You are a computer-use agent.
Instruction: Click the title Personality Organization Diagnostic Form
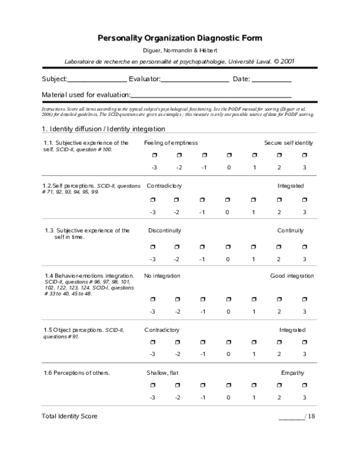click(x=180, y=38)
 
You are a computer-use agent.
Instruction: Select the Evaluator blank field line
click(x=195, y=80)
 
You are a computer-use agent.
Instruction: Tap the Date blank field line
click(x=271, y=80)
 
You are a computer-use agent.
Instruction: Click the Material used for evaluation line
click(x=211, y=95)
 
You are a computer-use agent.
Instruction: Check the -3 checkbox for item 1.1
click(x=154, y=156)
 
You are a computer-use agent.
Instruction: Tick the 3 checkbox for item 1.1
click(x=304, y=156)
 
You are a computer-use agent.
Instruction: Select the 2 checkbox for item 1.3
click(x=279, y=246)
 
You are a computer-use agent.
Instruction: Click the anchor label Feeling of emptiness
click(x=171, y=143)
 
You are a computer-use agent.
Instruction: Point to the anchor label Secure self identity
click(x=289, y=143)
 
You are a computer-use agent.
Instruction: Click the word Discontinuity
click(x=164, y=231)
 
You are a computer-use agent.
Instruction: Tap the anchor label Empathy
click(x=293, y=373)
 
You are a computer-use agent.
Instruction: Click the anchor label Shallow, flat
click(x=163, y=373)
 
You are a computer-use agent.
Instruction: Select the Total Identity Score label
click(x=70, y=416)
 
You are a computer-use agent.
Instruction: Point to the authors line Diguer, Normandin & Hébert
click(x=180, y=50)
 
